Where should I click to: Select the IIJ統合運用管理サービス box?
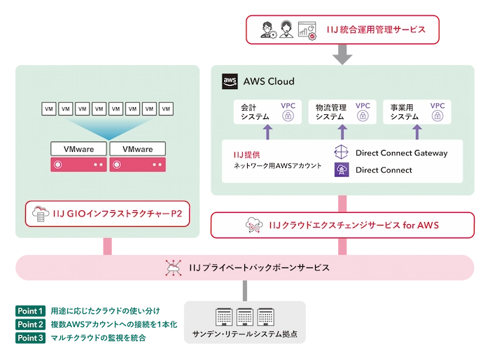pyautogui.click(x=342, y=29)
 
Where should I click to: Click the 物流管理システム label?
pyautogui.click(x=330, y=112)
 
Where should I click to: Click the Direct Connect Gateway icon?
pyautogui.click(x=342, y=153)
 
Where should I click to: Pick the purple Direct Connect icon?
pyautogui.click(x=342, y=169)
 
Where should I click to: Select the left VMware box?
pyautogui.click(x=78, y=148)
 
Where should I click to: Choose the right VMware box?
pyautogui.click(x=138, y=148)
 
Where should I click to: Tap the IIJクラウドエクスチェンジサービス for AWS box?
pyautogui.click(x=342, y=226)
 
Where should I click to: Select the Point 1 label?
pyautogui.click(x=30, y=311)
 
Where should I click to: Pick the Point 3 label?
pyautogui.click(x=30, y=338)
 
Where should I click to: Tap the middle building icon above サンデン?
pyautogui.click(x=244, y=317)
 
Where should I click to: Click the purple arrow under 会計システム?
pyautogui.click(x=267, y=132)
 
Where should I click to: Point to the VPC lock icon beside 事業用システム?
pyautogui.click(x=437, y=116)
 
